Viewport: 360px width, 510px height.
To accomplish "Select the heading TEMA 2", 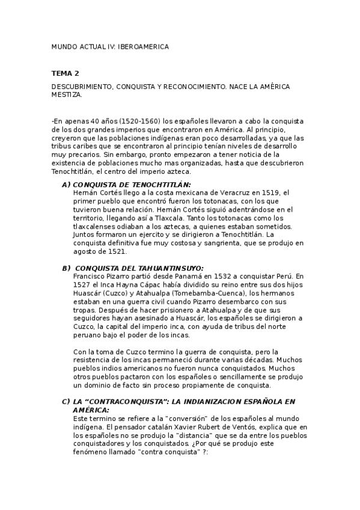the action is click(66, 73).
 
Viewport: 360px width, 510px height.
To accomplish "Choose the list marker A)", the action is click(66, 185).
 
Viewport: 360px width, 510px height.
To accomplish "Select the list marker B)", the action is click(66, 268).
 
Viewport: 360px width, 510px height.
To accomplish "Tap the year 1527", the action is click(82, 285).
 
